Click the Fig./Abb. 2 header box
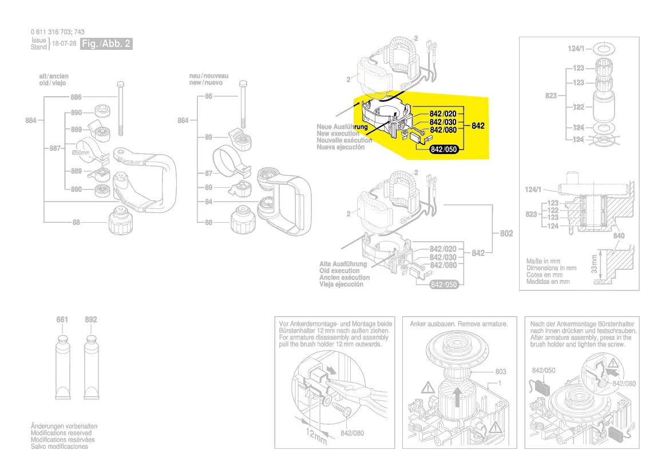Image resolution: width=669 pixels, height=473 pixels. [x=106, y=44]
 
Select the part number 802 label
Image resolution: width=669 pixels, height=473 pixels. [x=506, y=234]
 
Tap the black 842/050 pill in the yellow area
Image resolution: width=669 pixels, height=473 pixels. [x=444, y=149]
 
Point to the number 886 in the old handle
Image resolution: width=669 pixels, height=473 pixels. [x=77, y=97]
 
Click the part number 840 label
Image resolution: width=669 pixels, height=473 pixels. [x=619, y=236]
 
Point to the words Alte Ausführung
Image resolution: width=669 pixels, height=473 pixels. [x=343, y=264]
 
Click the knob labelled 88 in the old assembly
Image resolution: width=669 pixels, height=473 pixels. [x=122, y=220]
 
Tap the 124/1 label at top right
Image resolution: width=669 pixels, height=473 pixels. [x=576, y=49]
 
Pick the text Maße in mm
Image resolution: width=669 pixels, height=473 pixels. [x=543, y=261]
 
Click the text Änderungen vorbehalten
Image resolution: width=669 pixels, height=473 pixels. [x=64, y=427]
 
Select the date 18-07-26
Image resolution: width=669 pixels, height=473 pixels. [x=65, y=44]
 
